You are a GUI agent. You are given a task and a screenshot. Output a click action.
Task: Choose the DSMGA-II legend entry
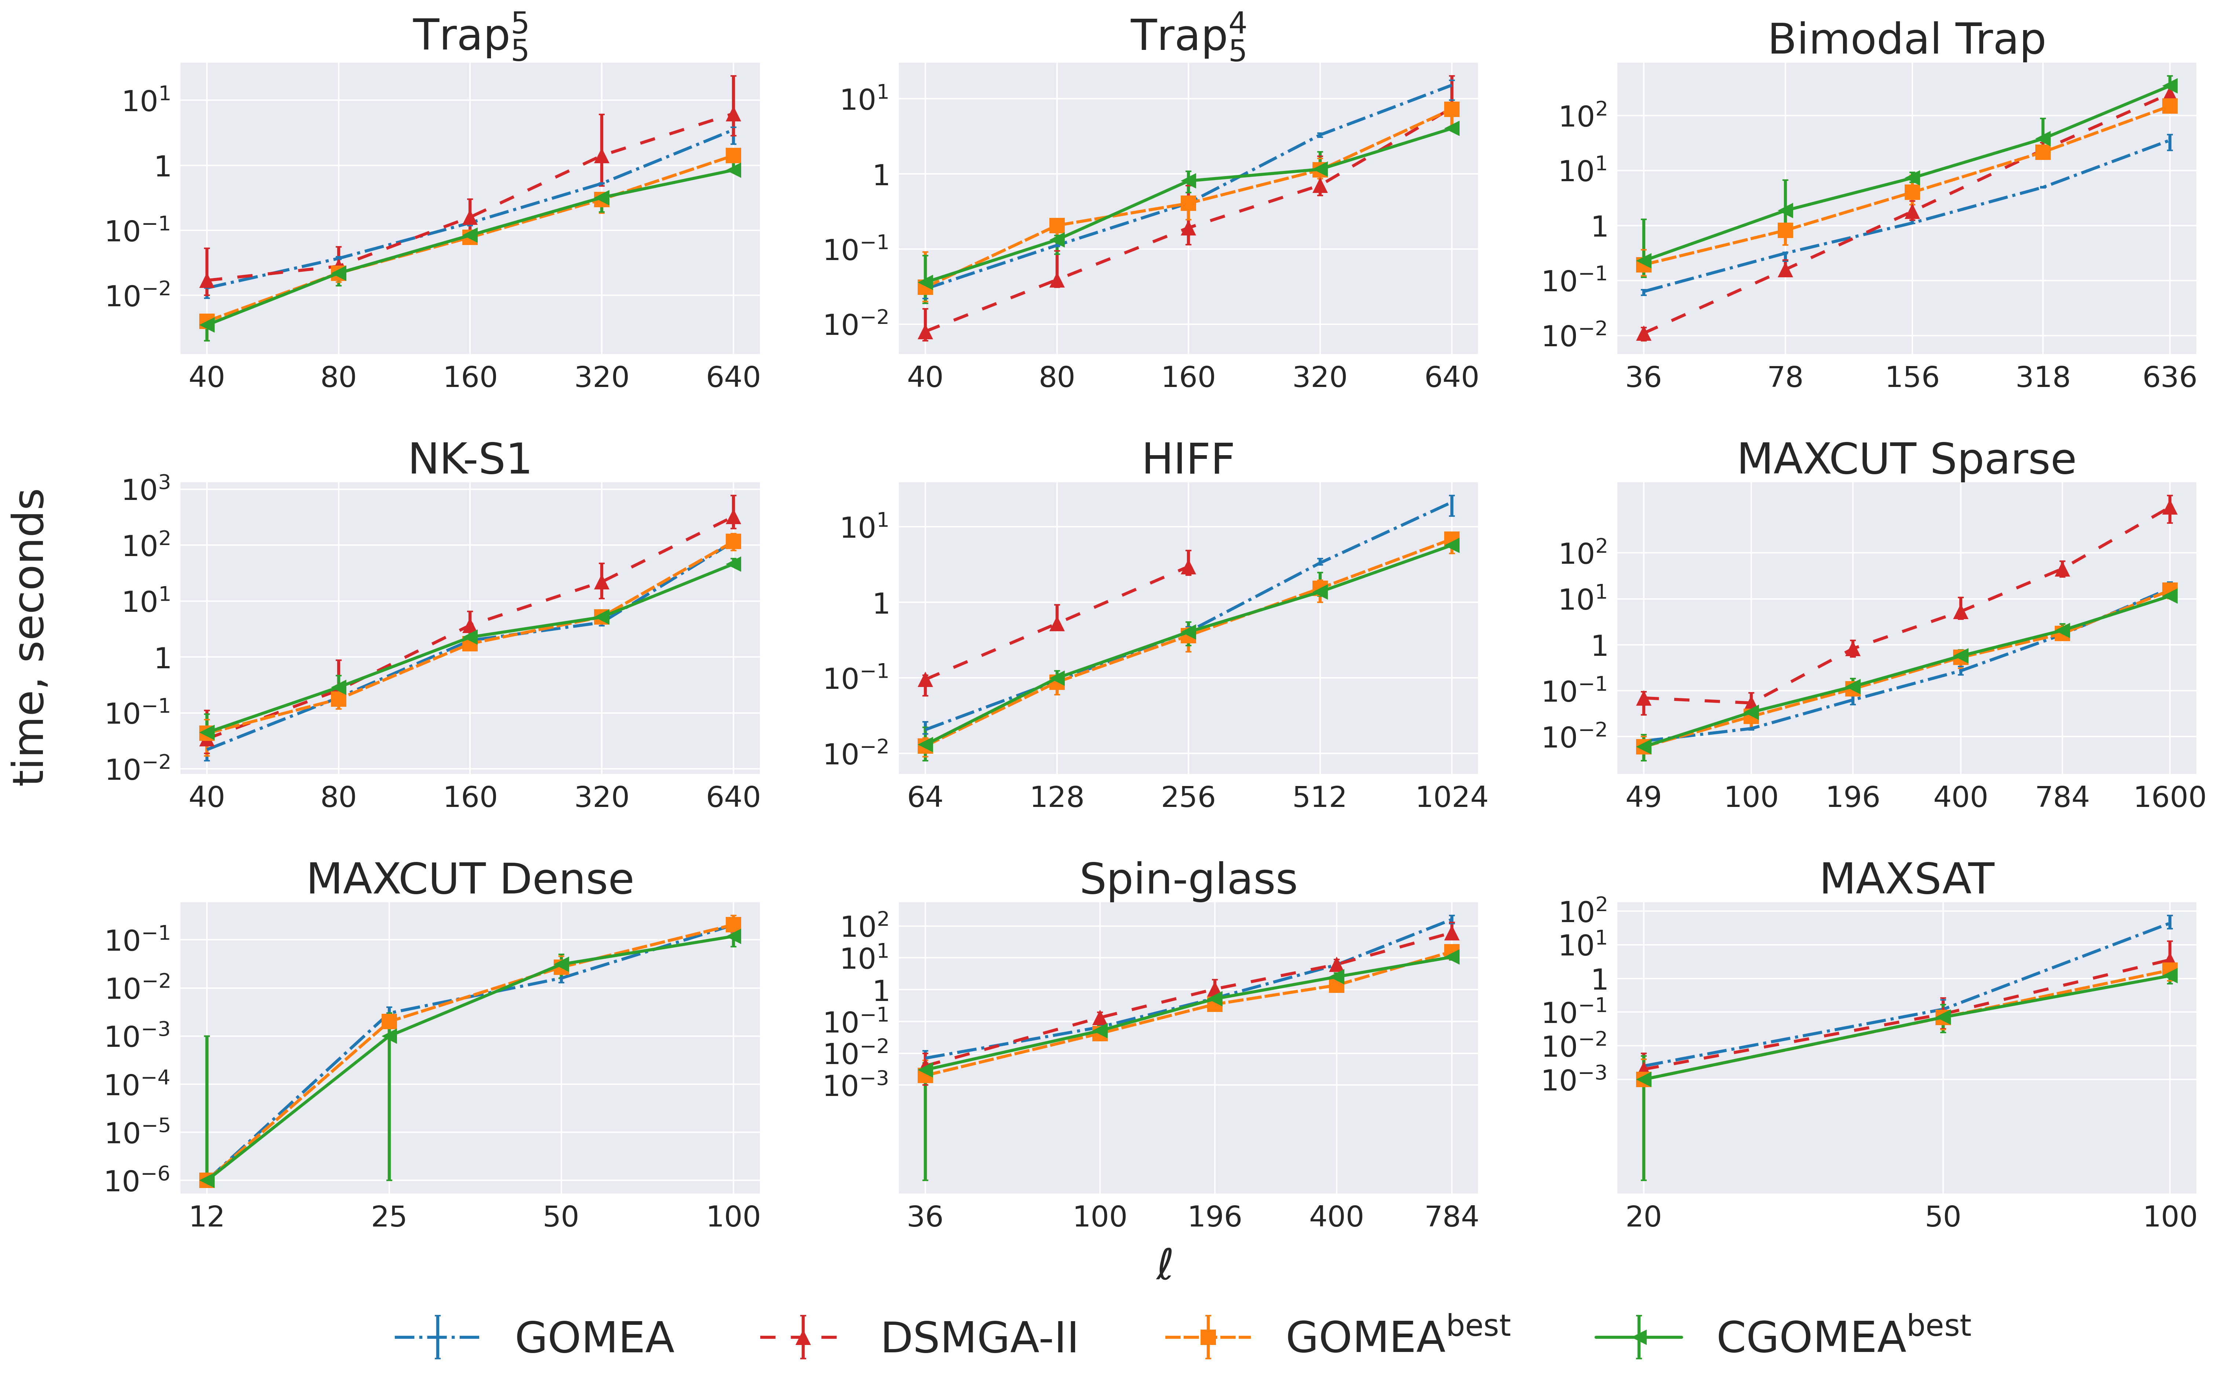pos(979,1338)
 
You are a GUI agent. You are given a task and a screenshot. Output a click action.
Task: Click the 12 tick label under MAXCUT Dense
pos(207,1217)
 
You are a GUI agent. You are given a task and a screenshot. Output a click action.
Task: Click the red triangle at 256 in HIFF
pos(1188,567)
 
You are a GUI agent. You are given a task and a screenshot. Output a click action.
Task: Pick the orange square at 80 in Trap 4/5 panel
pos(1057,226)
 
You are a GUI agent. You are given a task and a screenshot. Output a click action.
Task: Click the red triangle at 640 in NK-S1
pos(733,517)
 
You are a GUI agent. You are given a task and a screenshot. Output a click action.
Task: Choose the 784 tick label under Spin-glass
pos(1451,1217)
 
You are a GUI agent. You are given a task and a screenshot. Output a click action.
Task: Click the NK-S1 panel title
pos(470,458)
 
